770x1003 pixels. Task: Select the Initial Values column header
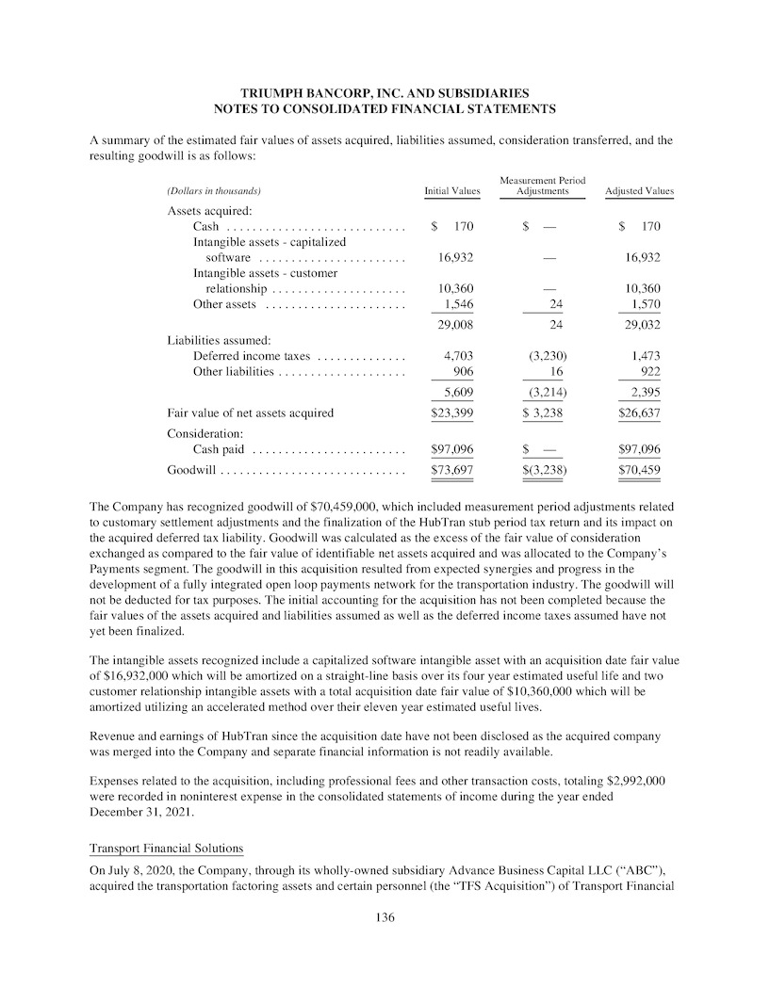click(x=452, y=191)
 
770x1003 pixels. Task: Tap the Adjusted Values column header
click(x=639, y=191)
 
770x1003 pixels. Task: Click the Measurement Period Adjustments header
click(x=543, y=186)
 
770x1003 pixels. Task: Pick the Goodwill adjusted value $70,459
click(x=639, y=469)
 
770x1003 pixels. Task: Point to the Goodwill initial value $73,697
click(x=451, y=469)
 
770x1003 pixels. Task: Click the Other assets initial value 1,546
click(x=458, y=304)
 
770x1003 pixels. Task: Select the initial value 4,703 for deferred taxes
click(x=458, y=356)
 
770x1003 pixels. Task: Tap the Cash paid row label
click(x=219, y=450)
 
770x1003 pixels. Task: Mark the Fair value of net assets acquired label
click(x=250, y=413)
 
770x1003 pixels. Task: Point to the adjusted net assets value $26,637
click(x=639, y=413)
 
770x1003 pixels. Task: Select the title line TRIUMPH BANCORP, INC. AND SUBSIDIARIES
click(x=385, y=93)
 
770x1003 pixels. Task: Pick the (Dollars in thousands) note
click(x=214, y=191)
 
